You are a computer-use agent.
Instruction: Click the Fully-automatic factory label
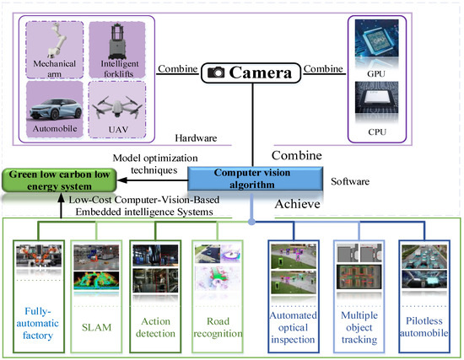[x=36, y=320]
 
